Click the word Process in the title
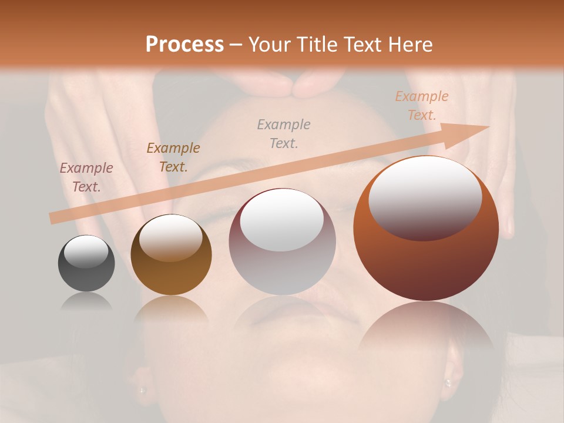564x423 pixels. tap(184, 45)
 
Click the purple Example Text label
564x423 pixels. tap(86, 177)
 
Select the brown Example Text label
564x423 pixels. tap(173, 157)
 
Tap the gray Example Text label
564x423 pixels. tap(284, 133)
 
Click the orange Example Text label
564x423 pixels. tap(421, 106)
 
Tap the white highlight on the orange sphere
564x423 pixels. tap(425, 197)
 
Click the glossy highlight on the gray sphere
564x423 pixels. tap(86, 251)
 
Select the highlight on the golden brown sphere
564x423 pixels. tap(171, 237)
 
